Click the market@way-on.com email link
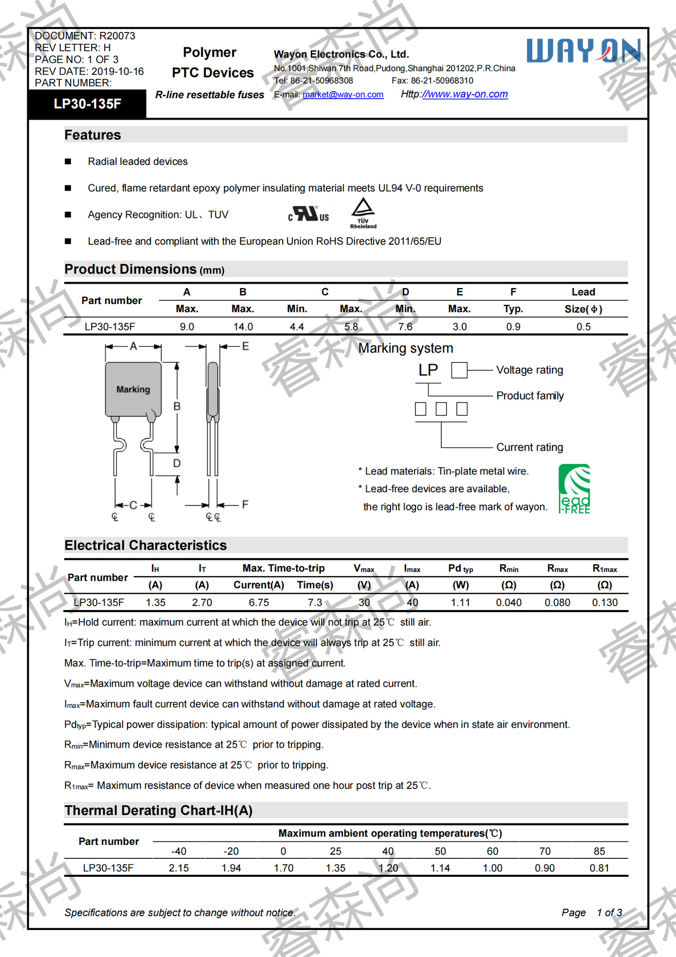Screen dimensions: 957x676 [x=343, y=95]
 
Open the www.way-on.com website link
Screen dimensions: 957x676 [x=465, y=94]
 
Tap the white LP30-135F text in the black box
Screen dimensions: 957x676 [x=87, y=104]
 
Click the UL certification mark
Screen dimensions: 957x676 [x=308, y=214]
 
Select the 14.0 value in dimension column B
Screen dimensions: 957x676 [x=243, y=326]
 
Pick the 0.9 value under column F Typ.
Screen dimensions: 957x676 [x=513, y=326]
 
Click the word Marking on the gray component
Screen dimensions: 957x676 [x=133, y=389]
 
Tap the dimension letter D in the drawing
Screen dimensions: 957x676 [x=177, y=464]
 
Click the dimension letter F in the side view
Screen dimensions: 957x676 [x=245, y=504]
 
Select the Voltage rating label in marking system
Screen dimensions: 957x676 [x=530, y=370]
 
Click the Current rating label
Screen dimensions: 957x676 [x=530, y=447]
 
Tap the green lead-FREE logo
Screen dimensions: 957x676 [x=574, y=489]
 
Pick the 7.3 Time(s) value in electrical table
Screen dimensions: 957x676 [x=315, y=602]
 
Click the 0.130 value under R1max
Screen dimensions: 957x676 [x=605, y=602]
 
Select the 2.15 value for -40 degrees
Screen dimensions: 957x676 [x=179, y=868]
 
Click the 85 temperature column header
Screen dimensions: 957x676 [x=599, y=851]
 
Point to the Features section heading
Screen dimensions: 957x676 [x=93, y=135]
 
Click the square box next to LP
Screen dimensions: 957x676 [x=459, y=370]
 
